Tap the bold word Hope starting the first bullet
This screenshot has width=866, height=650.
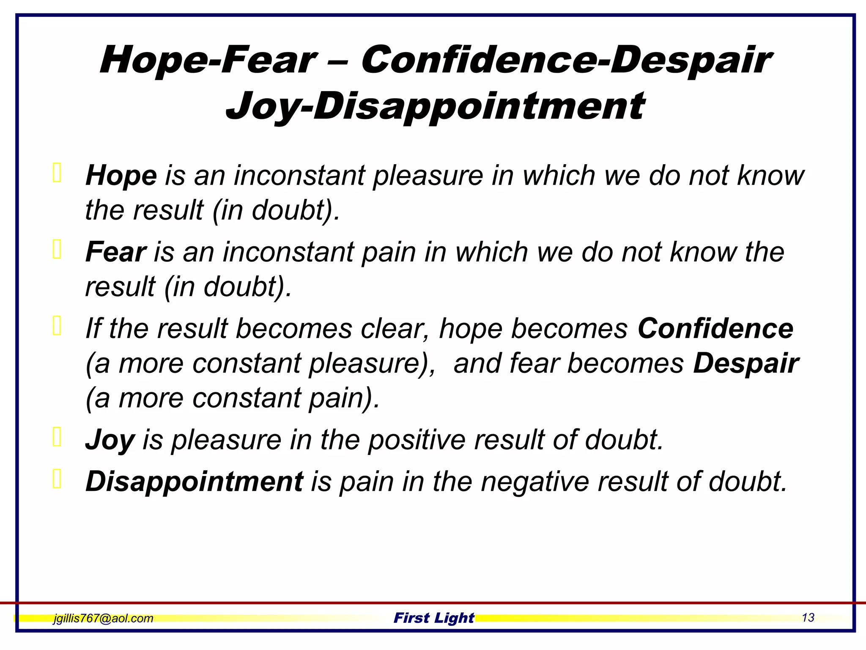coord(121,176)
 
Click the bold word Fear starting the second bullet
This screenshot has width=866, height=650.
coord(116,252)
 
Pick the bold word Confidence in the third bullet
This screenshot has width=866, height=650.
coord(715,329)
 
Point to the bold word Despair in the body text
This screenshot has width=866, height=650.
coord(746,364)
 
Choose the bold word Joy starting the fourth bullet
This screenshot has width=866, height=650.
coord(110,440)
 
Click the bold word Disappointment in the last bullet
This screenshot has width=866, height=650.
coord(194,482)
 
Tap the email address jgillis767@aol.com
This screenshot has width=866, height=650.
coord(103,618)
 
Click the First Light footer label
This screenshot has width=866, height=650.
coord(434,618)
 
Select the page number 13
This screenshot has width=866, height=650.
coord(808,618)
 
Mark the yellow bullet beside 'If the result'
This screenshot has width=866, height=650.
coord(57,325)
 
